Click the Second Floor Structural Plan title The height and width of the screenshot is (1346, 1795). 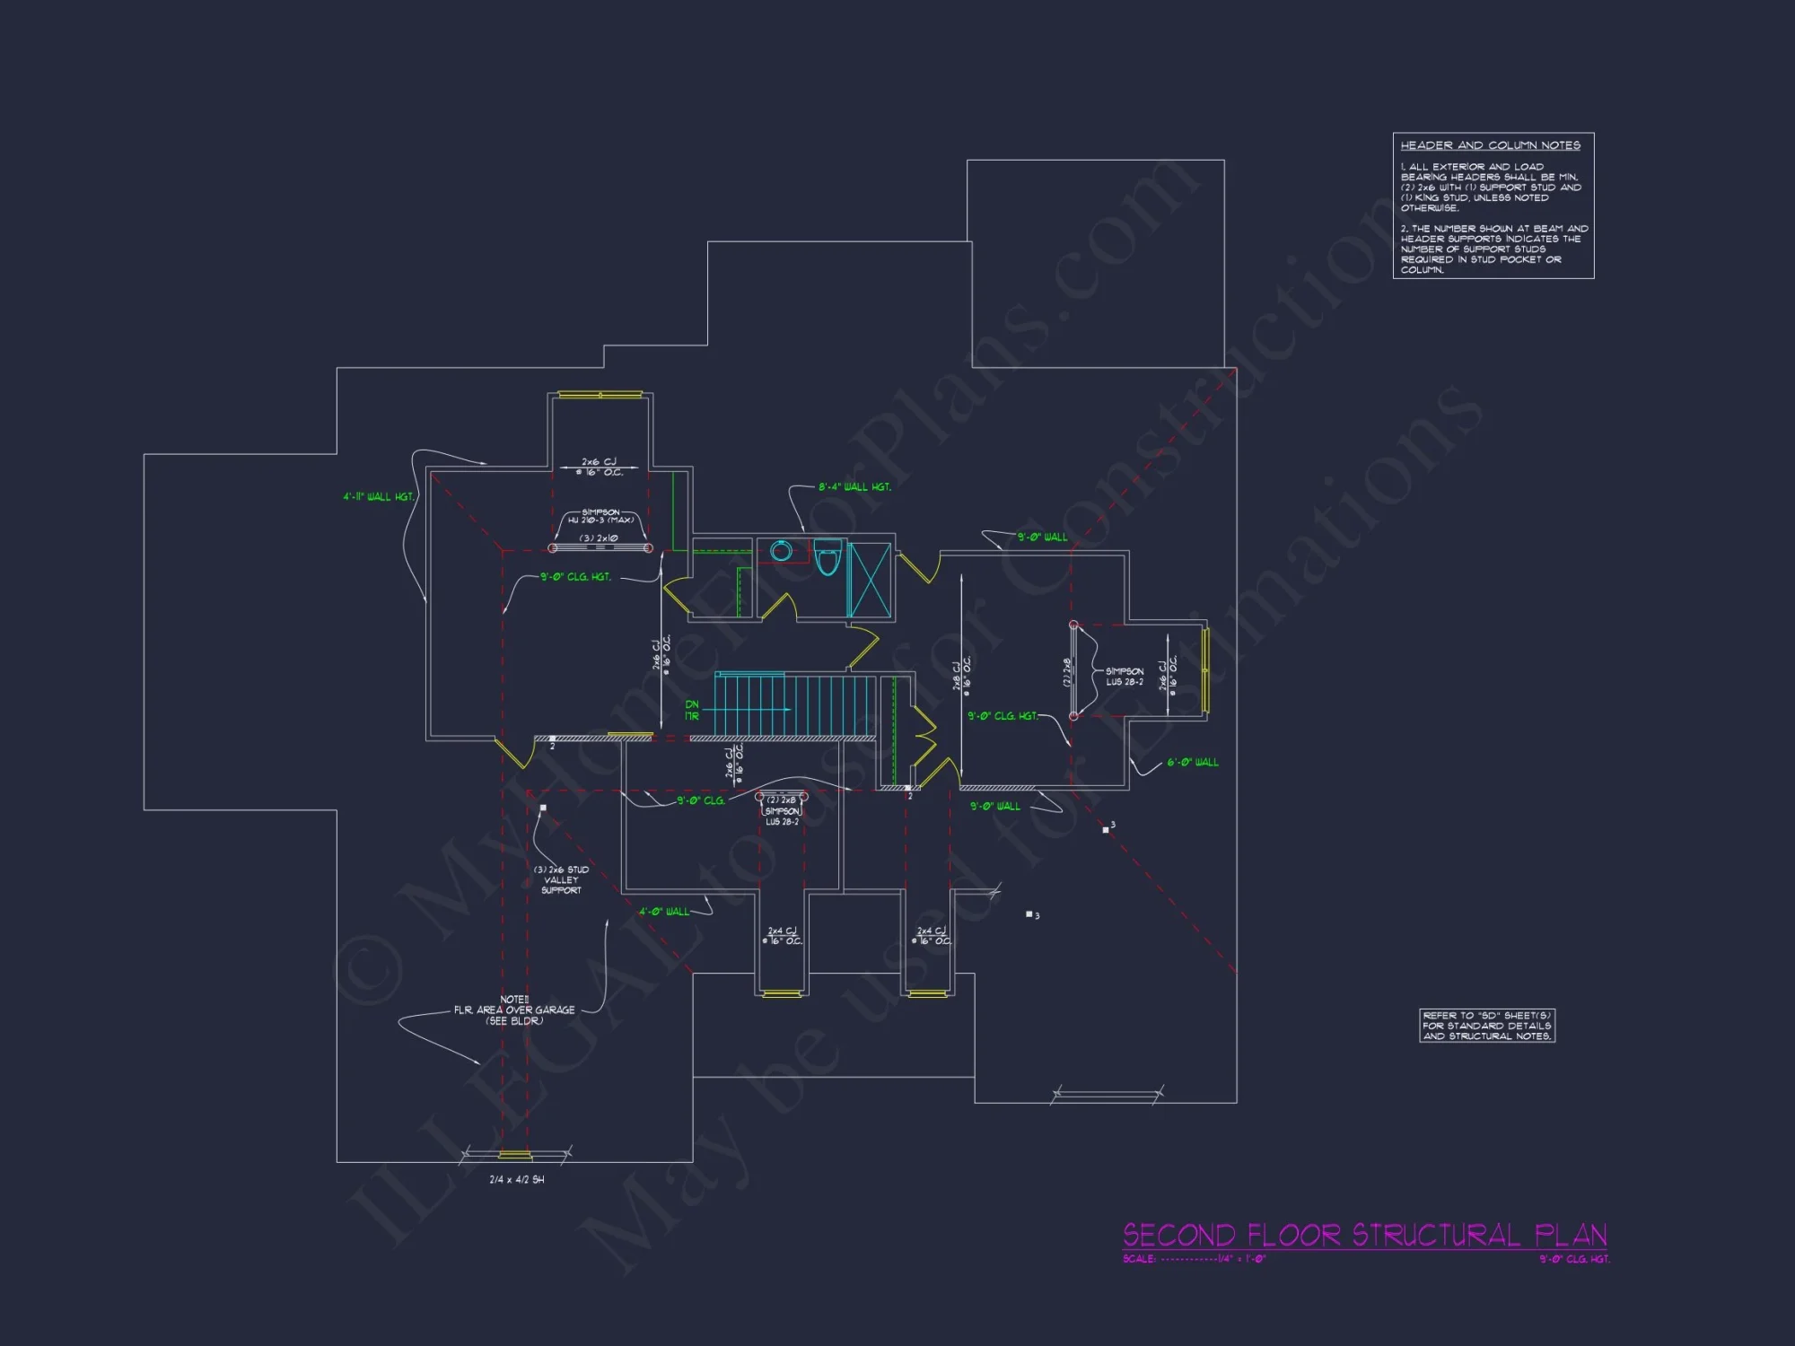point(1364,1236)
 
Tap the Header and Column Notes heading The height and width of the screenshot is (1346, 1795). point(1490,145)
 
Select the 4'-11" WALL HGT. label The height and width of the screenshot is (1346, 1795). point(378,496)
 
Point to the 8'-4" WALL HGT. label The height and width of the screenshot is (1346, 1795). point(854,487)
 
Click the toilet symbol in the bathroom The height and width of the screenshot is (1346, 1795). point(827,558)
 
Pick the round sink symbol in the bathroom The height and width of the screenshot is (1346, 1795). point(781,551)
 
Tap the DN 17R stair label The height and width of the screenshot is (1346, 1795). point(692,710)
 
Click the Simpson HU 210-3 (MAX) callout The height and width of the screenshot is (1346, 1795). point(600,516)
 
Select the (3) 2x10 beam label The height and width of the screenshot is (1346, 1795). point(599,538)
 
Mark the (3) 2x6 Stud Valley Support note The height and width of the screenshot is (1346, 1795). point(561,879)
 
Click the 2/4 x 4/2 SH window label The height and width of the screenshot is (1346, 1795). point(516,1179)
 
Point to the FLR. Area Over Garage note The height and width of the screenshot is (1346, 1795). point(514,1010)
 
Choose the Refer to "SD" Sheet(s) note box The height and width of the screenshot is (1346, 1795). point(1486,1026)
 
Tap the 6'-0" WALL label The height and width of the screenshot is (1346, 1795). point(1193,763)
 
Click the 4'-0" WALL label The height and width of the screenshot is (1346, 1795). point(664,912)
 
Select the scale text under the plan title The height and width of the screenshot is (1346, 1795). point(1194,1259)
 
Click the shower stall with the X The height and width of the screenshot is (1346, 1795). point(871,580)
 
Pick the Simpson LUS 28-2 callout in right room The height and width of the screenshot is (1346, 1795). point(1125,677)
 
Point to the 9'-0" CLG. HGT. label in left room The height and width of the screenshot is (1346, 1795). point(575,577)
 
